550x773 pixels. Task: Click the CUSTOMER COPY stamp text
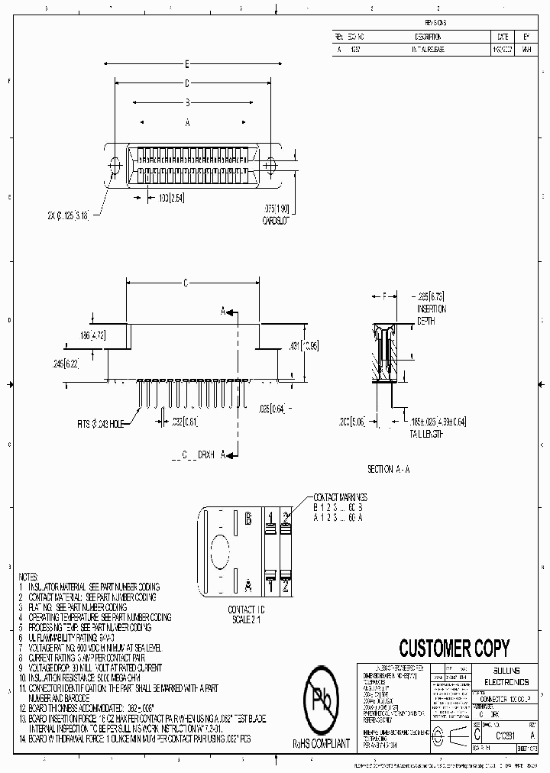(454, 648)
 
